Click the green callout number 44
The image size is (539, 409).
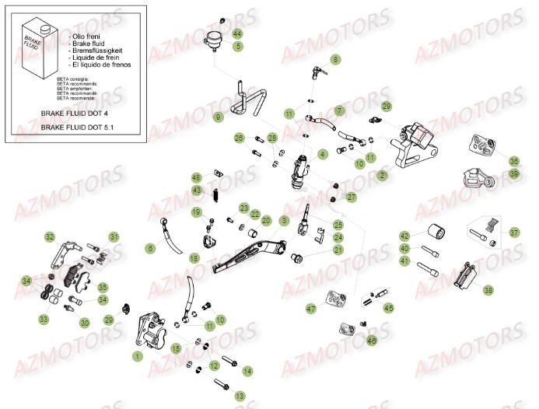(237, 33)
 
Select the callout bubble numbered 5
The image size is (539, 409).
(237, 46)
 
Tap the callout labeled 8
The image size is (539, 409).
(336, 59)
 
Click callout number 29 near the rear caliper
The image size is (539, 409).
(386, 107)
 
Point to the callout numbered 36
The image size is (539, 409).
(514, 161)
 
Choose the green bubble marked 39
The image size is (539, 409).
(514, 174)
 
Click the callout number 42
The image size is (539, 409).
(404, 236)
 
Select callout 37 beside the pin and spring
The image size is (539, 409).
(514, 232)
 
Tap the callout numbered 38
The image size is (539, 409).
(488, 290)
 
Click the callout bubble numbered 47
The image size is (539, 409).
(311, 309)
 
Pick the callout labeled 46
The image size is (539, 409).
(372, 340)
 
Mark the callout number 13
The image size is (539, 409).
(240, 395)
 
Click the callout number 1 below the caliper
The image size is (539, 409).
(138, 355)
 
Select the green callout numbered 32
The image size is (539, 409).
(50, 236)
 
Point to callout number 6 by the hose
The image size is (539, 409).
(150, 248)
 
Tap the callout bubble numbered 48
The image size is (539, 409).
(197, 177)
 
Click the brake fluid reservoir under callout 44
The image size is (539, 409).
(214, 38)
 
